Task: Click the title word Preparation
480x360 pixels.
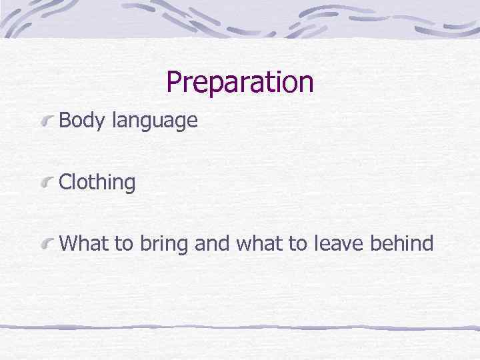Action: tap(239, 83)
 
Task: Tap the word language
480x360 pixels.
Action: tap(155, 122)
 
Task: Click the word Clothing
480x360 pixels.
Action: tap(97, 183)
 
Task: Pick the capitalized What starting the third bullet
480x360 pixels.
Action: tap(84, 243)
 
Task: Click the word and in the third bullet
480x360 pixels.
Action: tap(211, 243)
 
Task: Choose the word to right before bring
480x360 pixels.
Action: tap(124, 243)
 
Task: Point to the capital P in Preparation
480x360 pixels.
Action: tap(174, 82)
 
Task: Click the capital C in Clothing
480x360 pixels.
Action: tap(65, 183)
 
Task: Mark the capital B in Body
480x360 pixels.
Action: tap(65, 121)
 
